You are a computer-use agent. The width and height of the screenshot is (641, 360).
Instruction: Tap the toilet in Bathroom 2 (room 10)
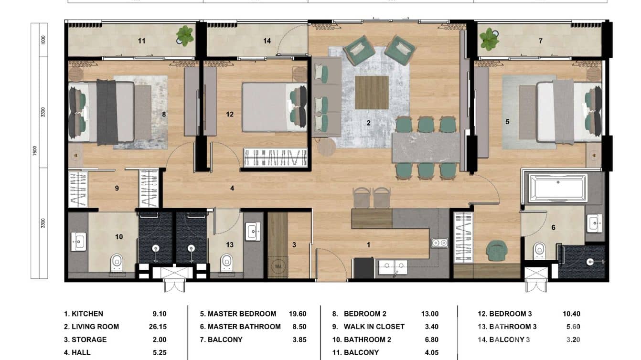(x=117, y=262)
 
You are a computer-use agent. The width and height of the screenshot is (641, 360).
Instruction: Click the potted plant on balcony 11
(x=184, y=35)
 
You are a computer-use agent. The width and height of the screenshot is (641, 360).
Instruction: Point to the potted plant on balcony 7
(x=489, y=39)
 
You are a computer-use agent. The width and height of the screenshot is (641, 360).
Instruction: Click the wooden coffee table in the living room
(x=372, y=92)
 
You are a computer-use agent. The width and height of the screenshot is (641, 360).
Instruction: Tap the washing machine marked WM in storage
(x=277, y=266)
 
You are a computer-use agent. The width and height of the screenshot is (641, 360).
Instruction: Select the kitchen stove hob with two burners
(x=439, y=243)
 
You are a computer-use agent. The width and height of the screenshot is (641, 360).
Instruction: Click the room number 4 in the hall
(x=232, y=189)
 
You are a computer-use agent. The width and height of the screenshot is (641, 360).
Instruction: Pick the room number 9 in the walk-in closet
(x=117, y=189)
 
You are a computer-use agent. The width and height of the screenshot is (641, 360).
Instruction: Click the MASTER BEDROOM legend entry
(x=238, y=314)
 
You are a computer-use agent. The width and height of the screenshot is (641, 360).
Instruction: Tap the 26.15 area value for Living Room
(x=158, y=327)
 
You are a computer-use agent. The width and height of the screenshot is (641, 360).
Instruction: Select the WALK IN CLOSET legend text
(x=374, y=327)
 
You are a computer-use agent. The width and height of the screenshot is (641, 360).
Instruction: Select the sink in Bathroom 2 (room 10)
(x=78, y=242)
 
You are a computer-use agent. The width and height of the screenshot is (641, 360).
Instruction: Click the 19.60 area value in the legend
(x=297, y=314)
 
